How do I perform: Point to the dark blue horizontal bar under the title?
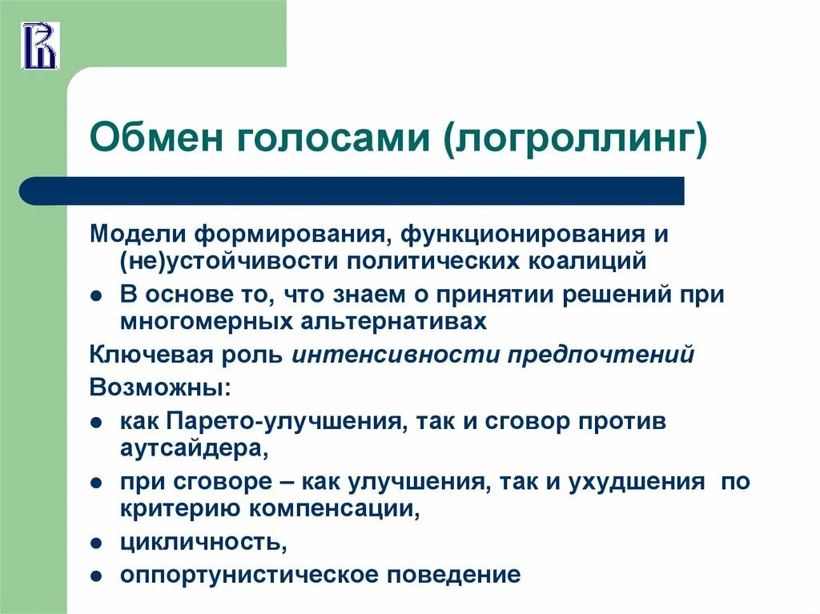click(352, 191)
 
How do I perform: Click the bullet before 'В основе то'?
click(95, 295)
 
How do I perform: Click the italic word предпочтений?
click(601, 355)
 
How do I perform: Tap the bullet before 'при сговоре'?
click(95, 484)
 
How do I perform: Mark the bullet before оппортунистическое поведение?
click(95, 576)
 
